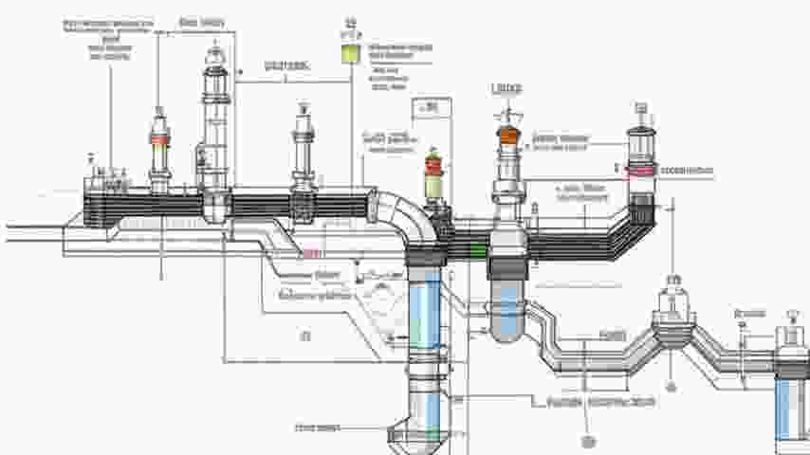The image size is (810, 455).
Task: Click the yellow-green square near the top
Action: [x=353, y=54]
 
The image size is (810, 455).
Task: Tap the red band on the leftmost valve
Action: [x=159, y=138]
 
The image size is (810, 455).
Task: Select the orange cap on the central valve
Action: [x=508, y=136]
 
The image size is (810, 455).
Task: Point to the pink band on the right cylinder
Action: [x=642, y=170]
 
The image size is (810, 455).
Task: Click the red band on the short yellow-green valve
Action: [x=434, y=168]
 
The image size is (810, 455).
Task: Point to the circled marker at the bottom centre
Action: [x=587, y=440]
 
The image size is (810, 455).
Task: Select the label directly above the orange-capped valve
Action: [x=507, y=89]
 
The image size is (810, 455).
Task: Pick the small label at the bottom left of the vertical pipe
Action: [x=318, y=428]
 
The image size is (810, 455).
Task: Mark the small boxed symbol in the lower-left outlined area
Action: [x=305, y=336]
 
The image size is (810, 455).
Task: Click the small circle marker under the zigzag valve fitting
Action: [x=672, y=387]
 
